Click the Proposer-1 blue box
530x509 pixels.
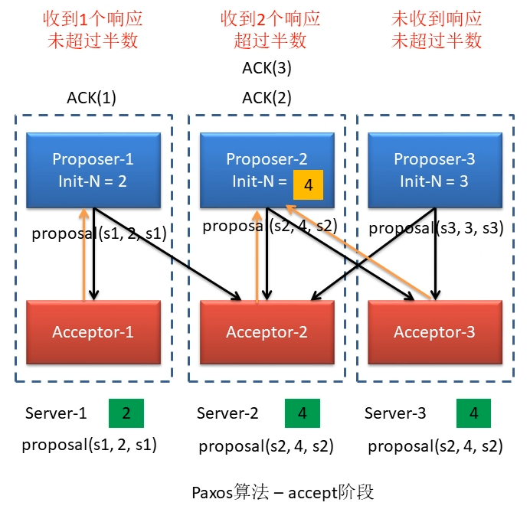click(93, 169)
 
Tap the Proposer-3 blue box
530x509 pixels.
click(434, 169)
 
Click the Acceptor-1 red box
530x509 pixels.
click(93, 331)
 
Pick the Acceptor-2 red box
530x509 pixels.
click(267, 331)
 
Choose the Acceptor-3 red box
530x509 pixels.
click(434, 331)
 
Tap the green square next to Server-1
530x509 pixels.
click(126, 413)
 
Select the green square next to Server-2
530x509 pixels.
click(303, 413)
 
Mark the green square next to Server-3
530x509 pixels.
click(474, 413)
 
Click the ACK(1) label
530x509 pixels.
click(92, 97)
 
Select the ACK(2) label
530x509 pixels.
click(267, 97)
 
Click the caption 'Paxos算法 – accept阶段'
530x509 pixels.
click(283, 491)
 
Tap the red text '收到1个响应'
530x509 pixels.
click(93, 19)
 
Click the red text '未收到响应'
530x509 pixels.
click(437, 19)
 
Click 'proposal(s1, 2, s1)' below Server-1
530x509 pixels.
click(90, 444)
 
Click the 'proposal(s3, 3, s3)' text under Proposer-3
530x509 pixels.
click(436, 227)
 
